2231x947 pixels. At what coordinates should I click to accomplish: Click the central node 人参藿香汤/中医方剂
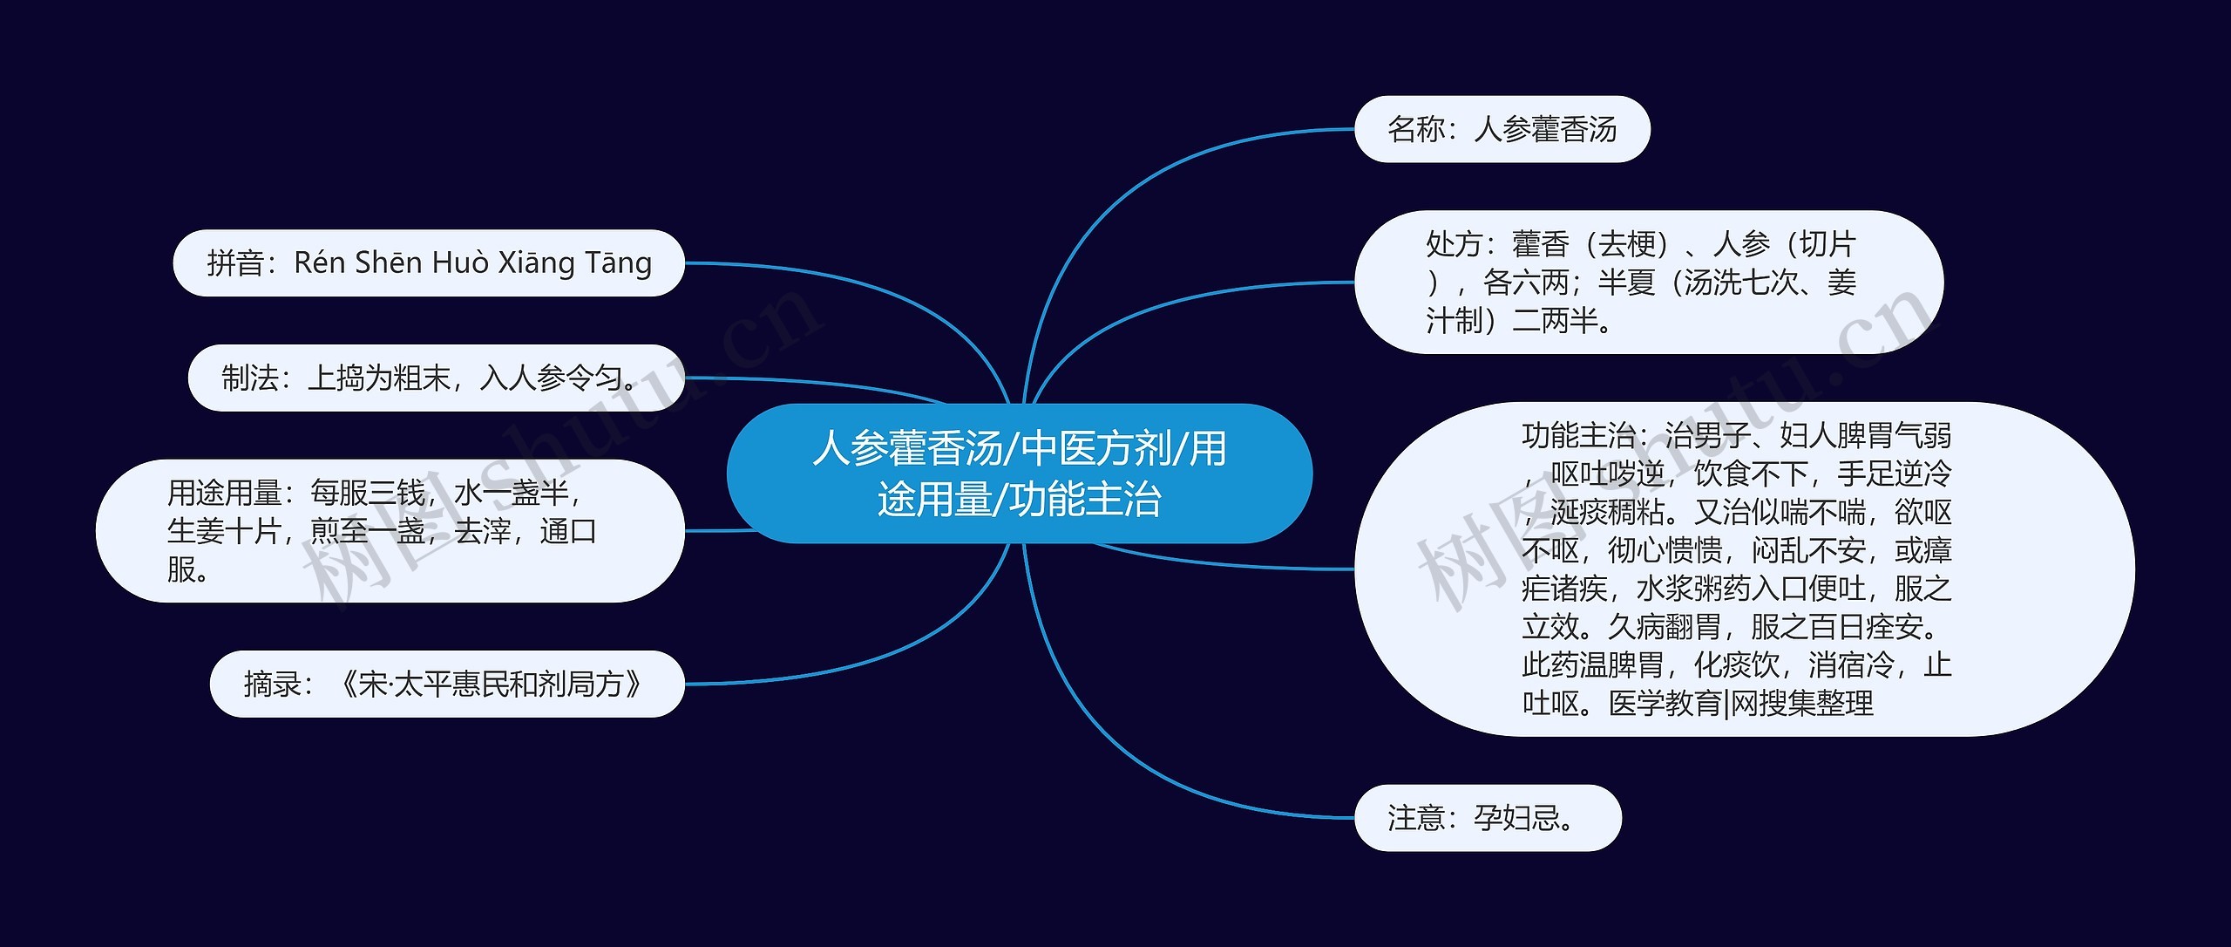point(1019,473)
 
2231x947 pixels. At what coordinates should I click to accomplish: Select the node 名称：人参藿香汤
point(1502,129)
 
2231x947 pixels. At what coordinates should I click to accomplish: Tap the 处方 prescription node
point(1647,282)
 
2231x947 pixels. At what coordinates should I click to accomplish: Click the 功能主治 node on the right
point(1743,569)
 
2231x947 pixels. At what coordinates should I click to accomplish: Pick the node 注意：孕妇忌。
point(1487,818)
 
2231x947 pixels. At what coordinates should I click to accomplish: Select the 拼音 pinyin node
point(429,262)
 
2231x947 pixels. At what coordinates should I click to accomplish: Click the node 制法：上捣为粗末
point(436,378)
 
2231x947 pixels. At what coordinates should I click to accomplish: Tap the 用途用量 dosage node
point(390,530)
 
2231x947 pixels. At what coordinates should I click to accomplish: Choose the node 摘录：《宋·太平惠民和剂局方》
point(446,684)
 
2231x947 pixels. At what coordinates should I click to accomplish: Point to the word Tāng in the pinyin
point(618,262)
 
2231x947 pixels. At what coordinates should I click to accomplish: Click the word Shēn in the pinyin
point(388,262)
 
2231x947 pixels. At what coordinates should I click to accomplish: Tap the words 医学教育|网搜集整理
point(1740,703)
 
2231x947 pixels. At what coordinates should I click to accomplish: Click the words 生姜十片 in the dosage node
point(223,531)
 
